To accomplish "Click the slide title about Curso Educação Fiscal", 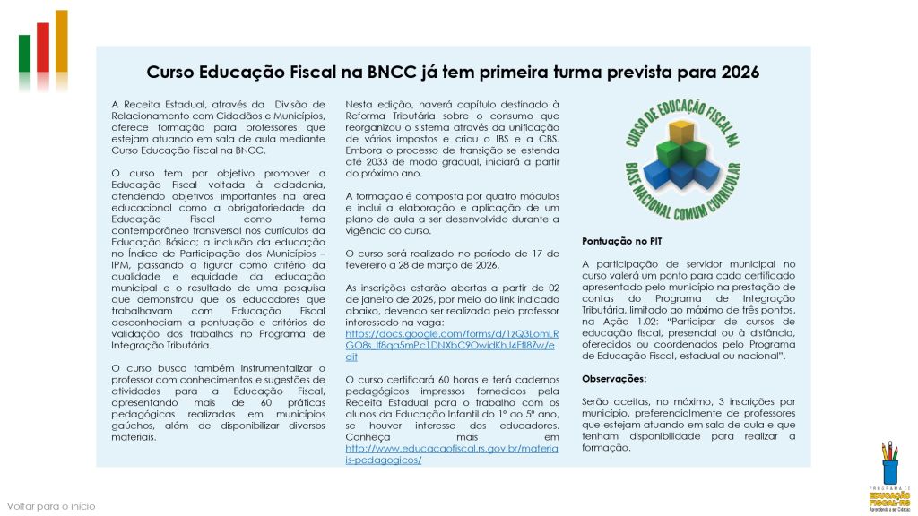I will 453,72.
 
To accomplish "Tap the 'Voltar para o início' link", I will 51,506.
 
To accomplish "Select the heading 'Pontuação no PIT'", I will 622,242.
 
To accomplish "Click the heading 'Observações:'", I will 614,379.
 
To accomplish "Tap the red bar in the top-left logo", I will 42,49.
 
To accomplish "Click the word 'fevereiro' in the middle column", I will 371,264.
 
